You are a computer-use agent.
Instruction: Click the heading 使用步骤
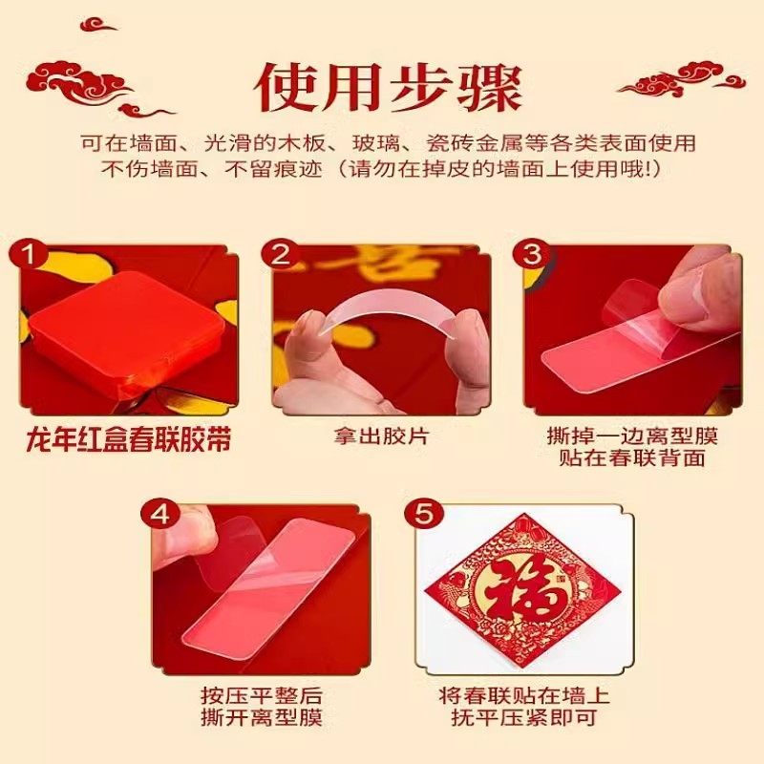[389, 89]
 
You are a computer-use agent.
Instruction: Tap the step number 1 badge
[30, 254]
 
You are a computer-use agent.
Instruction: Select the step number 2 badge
[280, 254]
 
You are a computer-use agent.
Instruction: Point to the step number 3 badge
[532, 254]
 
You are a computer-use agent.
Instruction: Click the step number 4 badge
[159, 515]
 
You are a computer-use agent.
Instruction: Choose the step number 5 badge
[423, 515]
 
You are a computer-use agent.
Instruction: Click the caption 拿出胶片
[381, 436]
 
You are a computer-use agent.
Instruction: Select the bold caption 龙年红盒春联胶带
[129, 440]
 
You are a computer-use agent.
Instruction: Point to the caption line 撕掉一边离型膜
[632, 435]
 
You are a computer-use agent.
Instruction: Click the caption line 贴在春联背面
[632, 458]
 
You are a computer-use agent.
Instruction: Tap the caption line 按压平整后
[261, 695]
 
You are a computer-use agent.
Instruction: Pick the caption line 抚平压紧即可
[523, 717]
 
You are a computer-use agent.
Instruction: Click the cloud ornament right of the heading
[681, 79]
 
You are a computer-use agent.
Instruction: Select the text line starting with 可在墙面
[389, 143]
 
